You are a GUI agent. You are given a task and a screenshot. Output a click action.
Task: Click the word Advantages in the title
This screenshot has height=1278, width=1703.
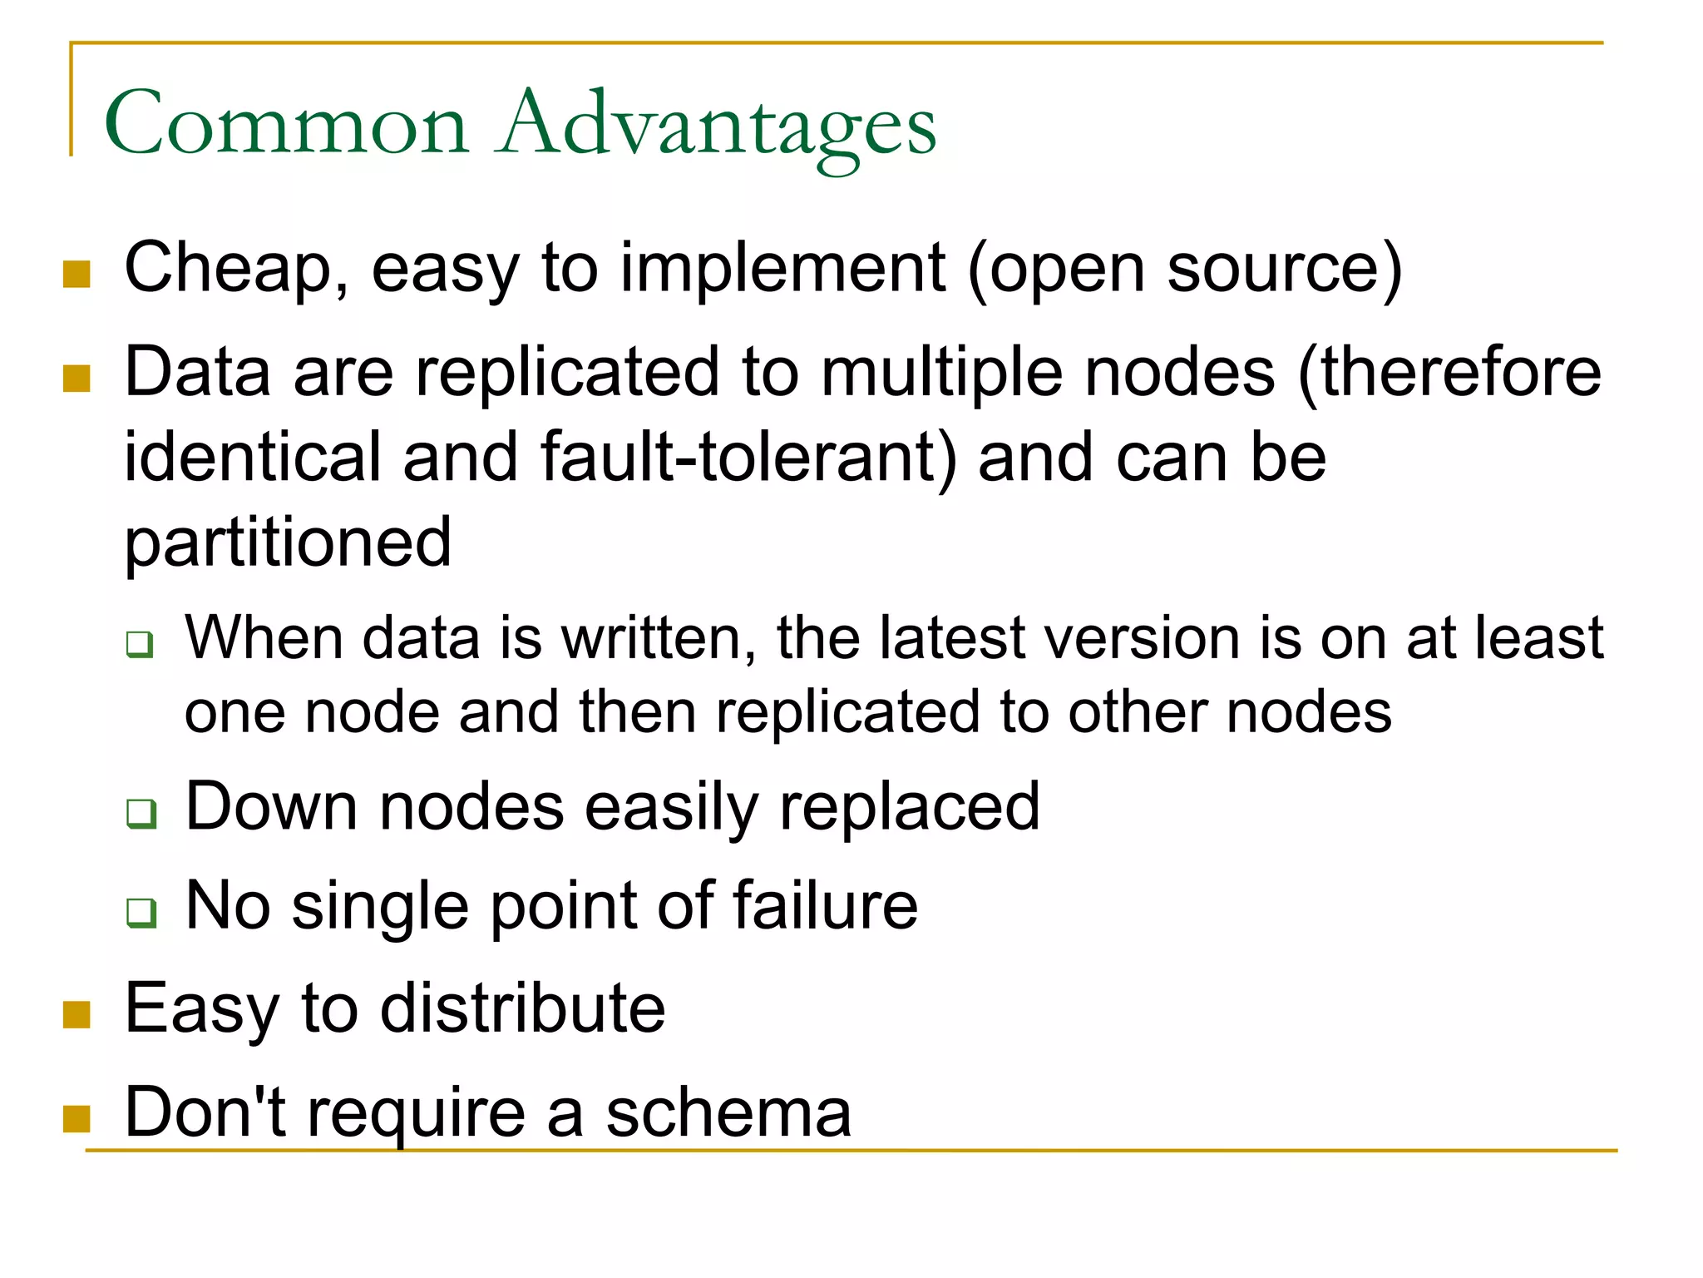pyautogui.click(x=716, y=125)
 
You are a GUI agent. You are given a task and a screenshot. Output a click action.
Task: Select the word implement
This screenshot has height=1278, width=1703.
pyautogui.click(x=782, y=269)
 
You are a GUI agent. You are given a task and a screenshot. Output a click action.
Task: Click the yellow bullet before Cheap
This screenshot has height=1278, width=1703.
pyautogui.click(x=77, y=274)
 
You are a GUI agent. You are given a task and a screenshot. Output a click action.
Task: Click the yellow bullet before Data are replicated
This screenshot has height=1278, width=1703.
pyautogui.click(x=77, y=379)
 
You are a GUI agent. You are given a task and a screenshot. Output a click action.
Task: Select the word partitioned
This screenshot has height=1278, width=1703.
pyautogui.click(x=288, y=543)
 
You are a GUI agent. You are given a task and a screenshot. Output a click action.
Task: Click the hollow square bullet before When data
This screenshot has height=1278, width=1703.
pyautogui.click(x=140, y=644)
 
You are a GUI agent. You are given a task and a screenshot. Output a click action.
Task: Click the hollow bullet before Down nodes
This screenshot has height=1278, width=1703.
pyautogui.click(x=141, y=813)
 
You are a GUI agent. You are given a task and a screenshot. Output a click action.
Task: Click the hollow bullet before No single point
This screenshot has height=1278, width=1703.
pyautogui.click(x=141, y=912)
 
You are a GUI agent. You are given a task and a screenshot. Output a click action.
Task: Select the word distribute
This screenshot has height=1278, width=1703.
pyautogui.click(x=523, y=1008)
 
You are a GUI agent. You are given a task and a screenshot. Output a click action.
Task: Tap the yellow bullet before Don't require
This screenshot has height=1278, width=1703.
pyautogui.click(x=77, y=1118)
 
